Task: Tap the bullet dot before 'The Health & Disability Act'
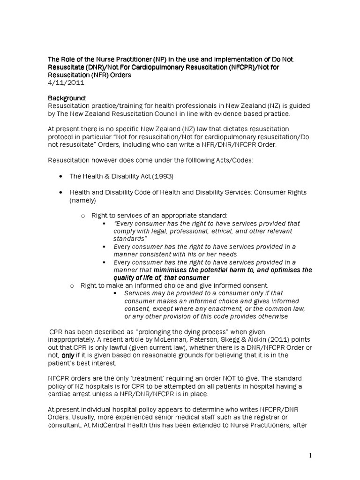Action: pos(62,177)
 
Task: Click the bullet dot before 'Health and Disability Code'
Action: pos(62,193)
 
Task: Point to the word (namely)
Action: pos(83,200)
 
